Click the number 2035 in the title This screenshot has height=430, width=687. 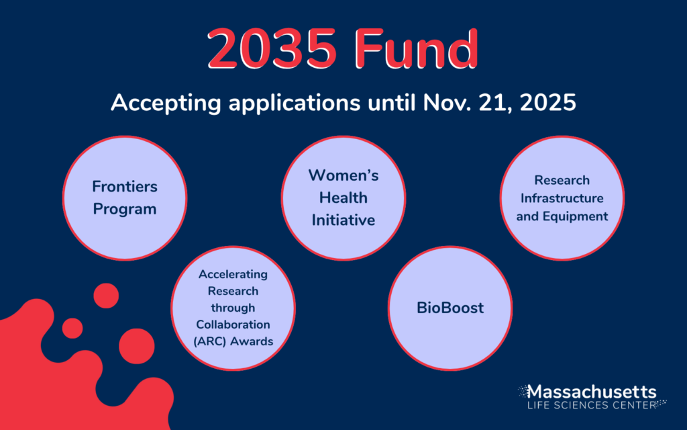(x=272, y=48)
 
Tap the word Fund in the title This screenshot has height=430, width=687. (x=417, y=48)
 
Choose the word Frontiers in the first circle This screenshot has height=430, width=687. (x=125, y=187)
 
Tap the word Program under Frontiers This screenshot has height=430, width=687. (x=125, y=210)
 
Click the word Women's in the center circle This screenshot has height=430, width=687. (x=343, y=175)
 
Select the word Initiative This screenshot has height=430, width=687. (x=343, y=220)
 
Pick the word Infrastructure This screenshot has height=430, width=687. (x=562, y=198)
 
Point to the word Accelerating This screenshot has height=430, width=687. (x=233, y=275)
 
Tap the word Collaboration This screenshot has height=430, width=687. (x=233, y=325)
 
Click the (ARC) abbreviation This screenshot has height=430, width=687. (x=209, y=341)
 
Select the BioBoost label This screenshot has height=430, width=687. (x=450, y=308)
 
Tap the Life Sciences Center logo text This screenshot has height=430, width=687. (x=592, y=405)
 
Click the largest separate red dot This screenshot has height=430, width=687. (x=137, y=346)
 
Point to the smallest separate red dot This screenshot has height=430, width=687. (x=72, y=328)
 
